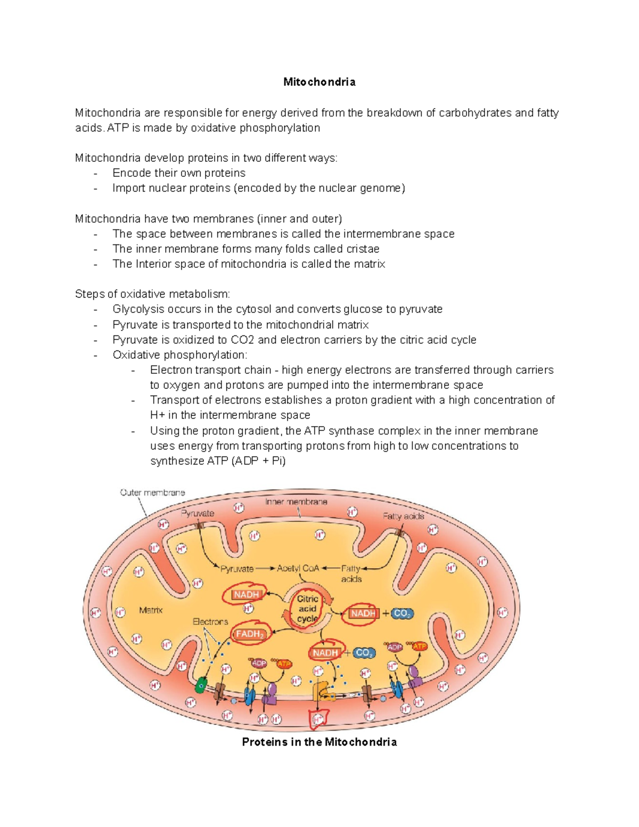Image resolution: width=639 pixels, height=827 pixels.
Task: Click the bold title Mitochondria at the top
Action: (x=319, y=82)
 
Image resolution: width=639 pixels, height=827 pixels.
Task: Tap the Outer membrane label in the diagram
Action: (x=152, y=493)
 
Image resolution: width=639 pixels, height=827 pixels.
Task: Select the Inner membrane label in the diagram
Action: (x=296, y=502)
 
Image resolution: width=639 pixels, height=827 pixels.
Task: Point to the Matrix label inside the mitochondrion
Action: (x=151, y=610)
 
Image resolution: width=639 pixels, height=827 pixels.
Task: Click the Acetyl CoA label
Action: (x=298, y=568)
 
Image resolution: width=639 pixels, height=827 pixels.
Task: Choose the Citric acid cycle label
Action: (x=307, y=609)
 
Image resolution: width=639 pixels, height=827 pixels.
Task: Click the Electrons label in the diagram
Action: (x=210, y=621)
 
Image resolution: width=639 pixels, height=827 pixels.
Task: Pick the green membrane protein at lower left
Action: (x=201, y=685)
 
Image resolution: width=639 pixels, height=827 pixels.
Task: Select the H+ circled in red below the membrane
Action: (x=318, y=719)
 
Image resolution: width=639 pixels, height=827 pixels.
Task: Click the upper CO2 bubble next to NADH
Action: (x=402, y=613)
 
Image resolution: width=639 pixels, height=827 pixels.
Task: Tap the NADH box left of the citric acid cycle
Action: (x=246, y=595)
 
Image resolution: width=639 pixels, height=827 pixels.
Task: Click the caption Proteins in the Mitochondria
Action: (x=319, y=742)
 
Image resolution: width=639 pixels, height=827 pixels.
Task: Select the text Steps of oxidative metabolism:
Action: (x=153, y=294)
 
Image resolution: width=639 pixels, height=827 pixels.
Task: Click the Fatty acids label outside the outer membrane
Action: (x=403, y=516)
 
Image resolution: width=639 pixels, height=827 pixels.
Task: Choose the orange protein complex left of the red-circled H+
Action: (x=322, y=692)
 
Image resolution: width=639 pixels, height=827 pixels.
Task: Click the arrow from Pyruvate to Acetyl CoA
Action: (x=265, y=569)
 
